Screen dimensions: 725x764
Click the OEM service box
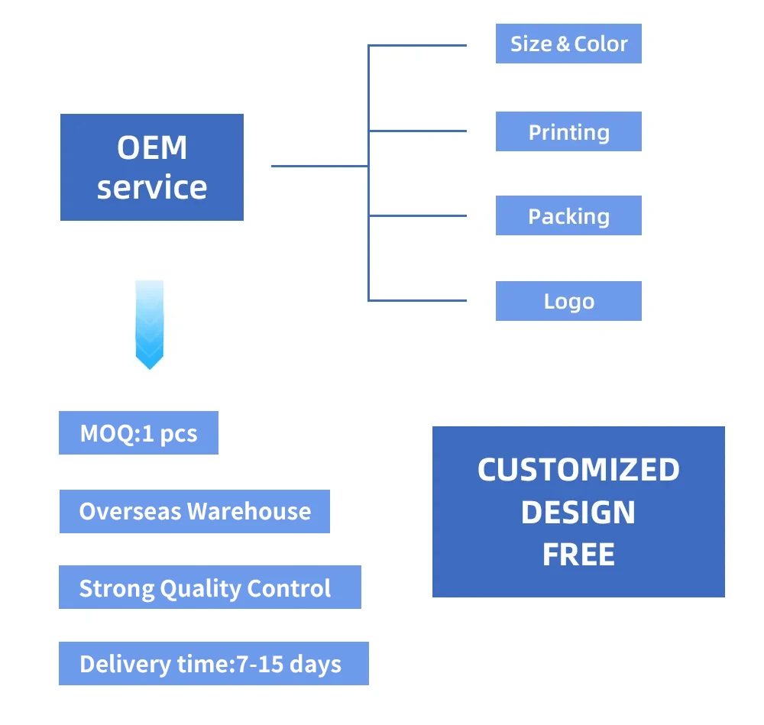pos(151,167)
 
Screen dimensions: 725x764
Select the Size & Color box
pos(568,44)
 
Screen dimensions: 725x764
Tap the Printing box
pos(568,132)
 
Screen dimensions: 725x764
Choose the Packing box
pos(568,216)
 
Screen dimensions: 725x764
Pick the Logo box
pos(568,301)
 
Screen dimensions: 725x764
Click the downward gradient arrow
pos(149,325)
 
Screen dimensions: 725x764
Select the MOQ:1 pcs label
pos(138,433)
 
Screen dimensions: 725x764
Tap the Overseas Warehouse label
pos(195,511)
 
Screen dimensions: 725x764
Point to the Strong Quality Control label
pos(209,587)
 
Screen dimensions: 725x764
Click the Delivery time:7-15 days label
pos(213,664)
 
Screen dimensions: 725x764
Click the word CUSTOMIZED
pos(578,470)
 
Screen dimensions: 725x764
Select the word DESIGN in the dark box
pos(578,513)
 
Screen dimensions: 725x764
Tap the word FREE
pos(578,555)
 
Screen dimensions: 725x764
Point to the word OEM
pos(152,148)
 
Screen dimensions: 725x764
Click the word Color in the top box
pos(601,44)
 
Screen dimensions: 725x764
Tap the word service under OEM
pos(152,187)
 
